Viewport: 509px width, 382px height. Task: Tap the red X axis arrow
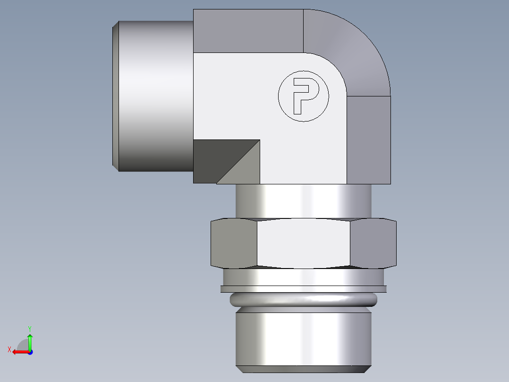coord(19,352)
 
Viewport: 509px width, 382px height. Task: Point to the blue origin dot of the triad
coord(30,352)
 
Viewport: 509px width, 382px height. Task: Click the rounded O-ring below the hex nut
coord(304,299)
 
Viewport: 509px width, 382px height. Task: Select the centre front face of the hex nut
coord(304,243)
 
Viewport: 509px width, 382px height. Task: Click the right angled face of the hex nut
coord(373,243)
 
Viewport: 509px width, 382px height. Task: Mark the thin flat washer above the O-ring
coord(304,289)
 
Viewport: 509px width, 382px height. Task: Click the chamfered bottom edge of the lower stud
coord(304,368)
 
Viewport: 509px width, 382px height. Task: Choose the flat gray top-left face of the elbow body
coord(248,31)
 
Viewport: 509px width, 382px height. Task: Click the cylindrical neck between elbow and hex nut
coord(304,201)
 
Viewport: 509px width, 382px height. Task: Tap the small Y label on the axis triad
coord(29,328)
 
